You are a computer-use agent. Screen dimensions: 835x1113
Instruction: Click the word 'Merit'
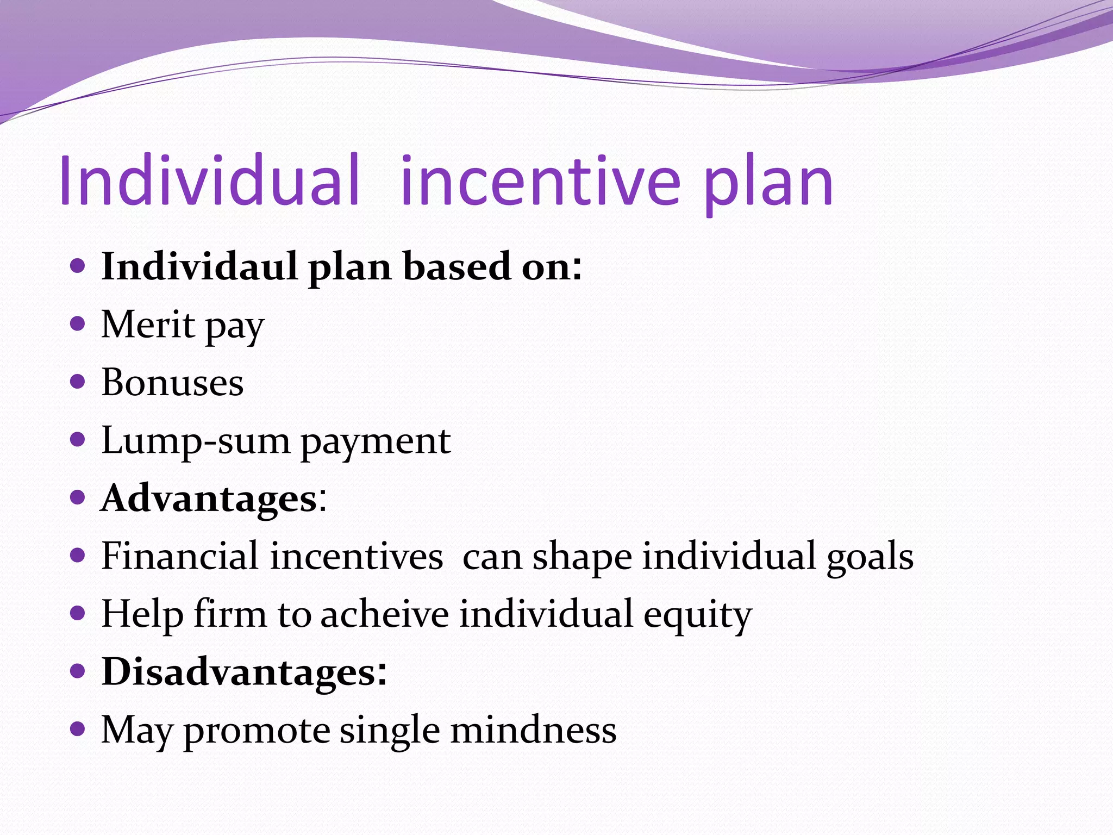pos(148,325)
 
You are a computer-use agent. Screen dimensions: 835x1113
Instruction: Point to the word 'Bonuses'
pos(172,383)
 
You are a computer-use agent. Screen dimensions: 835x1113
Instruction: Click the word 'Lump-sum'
pos(196,441)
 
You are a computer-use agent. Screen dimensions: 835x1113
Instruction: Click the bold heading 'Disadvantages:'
pos(244,672)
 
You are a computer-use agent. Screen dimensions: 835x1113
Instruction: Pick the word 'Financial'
pos(179,556)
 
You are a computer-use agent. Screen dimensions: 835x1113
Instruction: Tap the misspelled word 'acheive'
pos(384,614)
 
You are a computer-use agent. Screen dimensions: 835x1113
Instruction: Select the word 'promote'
pos(256,731)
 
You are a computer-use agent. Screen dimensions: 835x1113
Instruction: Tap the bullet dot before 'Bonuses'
pos(78,382)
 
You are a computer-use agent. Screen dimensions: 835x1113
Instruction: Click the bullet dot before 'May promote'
pos(78,728)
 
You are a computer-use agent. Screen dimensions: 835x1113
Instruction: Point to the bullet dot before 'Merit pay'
pos(78,324)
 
